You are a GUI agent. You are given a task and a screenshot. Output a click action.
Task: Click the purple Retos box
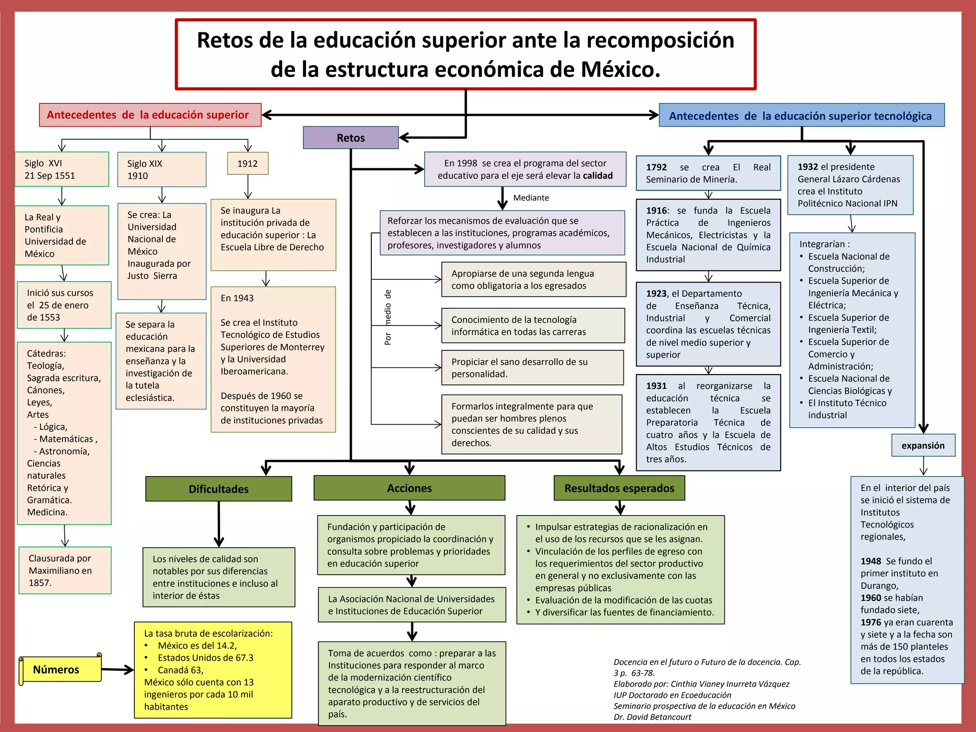pos(351,138)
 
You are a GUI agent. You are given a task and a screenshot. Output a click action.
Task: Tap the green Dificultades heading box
pos(219,489)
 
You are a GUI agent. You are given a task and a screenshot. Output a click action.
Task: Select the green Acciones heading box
pos(409,488)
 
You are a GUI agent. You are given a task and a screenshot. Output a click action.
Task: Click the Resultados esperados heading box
pos(619,488)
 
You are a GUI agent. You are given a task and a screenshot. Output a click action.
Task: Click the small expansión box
pos(923,446)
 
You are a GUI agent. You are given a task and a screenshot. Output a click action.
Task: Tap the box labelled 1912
pos(247,163)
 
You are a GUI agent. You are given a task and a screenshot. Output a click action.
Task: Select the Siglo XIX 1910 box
pos(162,170)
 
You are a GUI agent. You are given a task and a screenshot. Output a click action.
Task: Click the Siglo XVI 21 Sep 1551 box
pos(61,169)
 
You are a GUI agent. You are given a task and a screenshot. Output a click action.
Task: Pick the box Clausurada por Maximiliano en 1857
pos(65,570)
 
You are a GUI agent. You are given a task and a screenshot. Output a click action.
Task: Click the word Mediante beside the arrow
pos(531,198)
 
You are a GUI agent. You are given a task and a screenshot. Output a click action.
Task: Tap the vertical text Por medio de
pos(388,317)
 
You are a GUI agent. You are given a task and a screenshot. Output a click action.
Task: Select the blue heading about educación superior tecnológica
pos(801,116)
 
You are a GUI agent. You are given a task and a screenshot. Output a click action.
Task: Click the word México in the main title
pos(620,70)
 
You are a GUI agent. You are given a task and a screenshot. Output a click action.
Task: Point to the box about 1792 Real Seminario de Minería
pos(708,173)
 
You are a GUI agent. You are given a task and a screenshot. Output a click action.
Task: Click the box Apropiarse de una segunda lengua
pos(533,280)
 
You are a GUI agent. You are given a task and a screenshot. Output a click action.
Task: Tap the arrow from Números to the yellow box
pos(117,670)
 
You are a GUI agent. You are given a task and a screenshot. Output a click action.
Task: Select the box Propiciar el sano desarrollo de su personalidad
pos(532,368)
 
